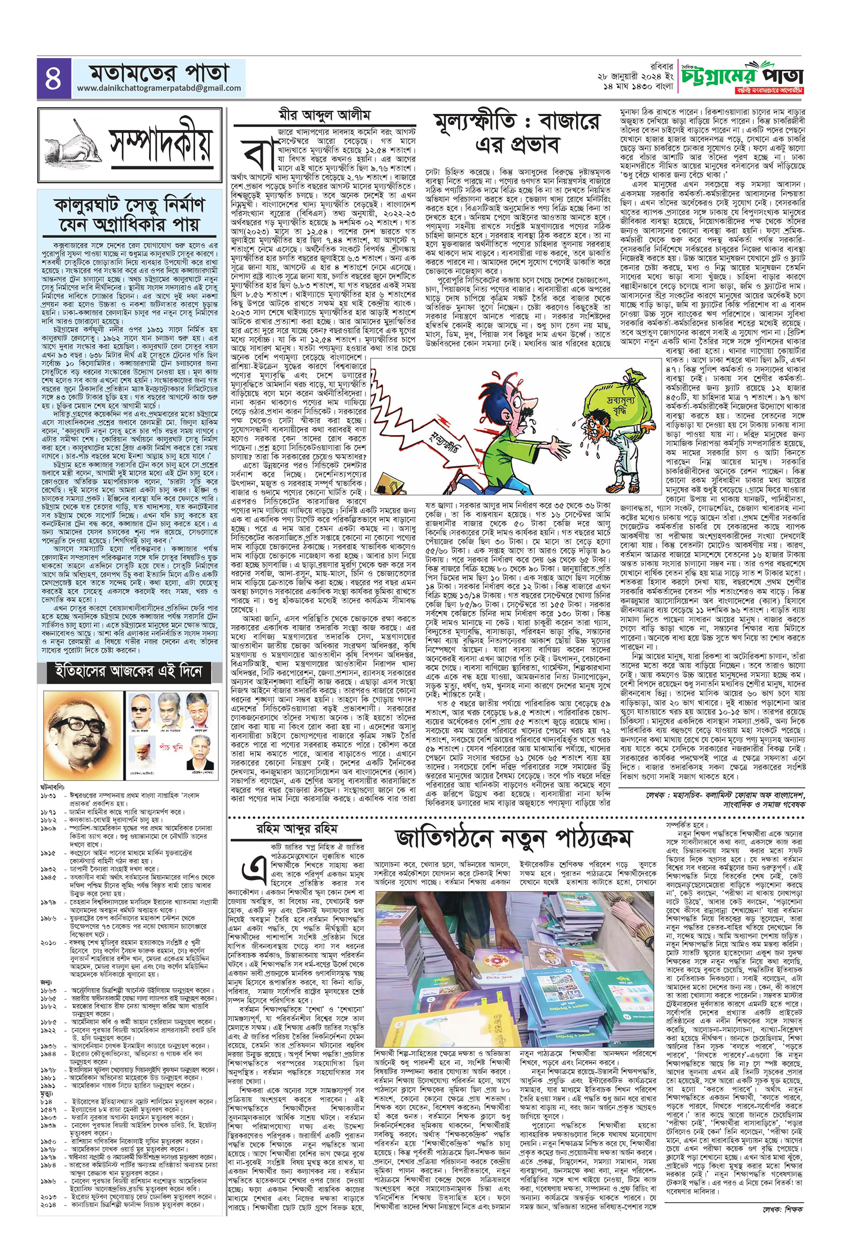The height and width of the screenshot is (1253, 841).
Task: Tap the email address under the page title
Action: tap(159, 88)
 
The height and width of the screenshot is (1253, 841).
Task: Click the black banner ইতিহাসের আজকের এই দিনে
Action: tap(128, 672)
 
